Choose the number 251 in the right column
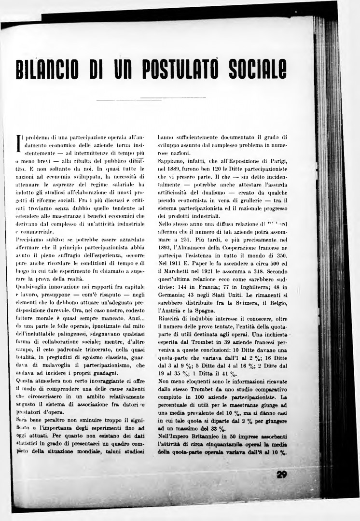point(187,238)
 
